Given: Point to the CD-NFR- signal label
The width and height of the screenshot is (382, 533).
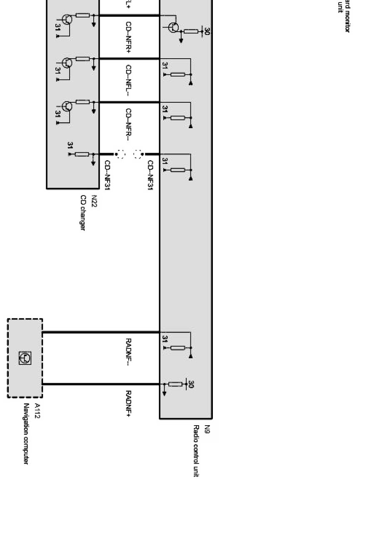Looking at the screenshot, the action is (129, 124).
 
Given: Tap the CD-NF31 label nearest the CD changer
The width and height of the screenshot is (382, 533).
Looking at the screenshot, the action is (107, 175).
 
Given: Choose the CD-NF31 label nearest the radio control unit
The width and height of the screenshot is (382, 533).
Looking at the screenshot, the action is (150, 175).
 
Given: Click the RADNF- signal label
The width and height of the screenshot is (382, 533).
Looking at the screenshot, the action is (129, 352).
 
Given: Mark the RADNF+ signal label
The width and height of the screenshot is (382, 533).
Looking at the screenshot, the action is (129, 403).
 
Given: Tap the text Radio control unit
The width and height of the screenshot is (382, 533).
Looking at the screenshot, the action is (196, 451).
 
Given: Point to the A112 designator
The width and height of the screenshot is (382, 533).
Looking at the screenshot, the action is (37, 411).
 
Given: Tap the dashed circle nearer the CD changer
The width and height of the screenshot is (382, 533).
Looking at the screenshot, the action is (121, 154).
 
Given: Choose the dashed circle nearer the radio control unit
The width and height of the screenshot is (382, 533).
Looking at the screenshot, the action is (138, 154).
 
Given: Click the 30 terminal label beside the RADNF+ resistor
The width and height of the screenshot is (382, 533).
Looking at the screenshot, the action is (191, 384).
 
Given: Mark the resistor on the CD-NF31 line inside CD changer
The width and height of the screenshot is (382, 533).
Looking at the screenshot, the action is (82, 154).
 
